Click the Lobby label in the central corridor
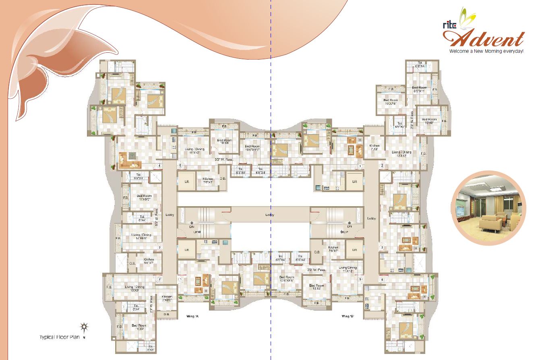269,215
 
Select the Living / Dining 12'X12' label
401,154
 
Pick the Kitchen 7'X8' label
374,147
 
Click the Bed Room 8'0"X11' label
419,89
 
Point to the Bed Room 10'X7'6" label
391,101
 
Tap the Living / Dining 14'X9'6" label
141,236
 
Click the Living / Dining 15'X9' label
134,288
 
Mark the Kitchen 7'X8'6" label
167,298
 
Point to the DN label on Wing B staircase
349,227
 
